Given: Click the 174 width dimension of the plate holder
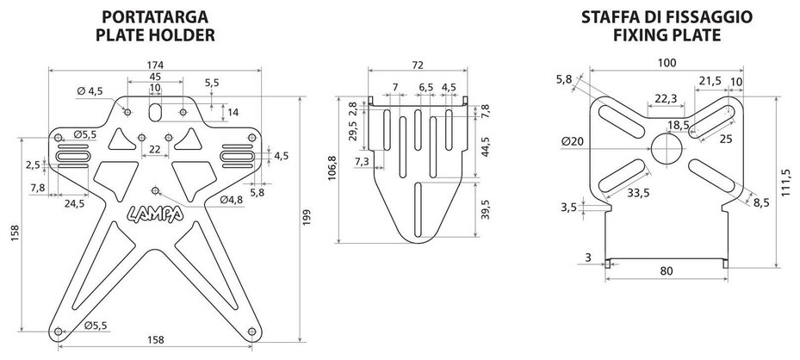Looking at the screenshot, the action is click(155, 65).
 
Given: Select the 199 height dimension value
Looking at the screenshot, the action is click(306, 219).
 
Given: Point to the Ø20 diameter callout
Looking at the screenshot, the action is click(573, 142).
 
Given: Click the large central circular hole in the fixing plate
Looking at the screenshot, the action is click(667, 148).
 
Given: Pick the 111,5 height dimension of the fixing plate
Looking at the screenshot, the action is click(785, 183).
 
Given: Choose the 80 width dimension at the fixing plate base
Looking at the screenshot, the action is click(667, 270).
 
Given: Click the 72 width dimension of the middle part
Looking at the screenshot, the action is click(418, 65).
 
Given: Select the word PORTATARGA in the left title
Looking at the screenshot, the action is click(155, 17).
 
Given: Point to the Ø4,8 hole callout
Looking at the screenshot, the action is click(231, 201).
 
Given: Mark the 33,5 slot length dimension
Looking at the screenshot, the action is click(638, 193).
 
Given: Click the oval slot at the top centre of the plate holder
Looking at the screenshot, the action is click(155, 112).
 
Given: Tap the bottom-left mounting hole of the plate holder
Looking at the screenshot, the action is click(59, 332).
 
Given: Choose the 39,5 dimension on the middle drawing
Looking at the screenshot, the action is click(486, 209).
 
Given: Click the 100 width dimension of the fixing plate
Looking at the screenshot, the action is click(667, 63).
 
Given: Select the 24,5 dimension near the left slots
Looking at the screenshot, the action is click(74, 203).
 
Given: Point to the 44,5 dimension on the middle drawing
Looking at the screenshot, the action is click(486, 147).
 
